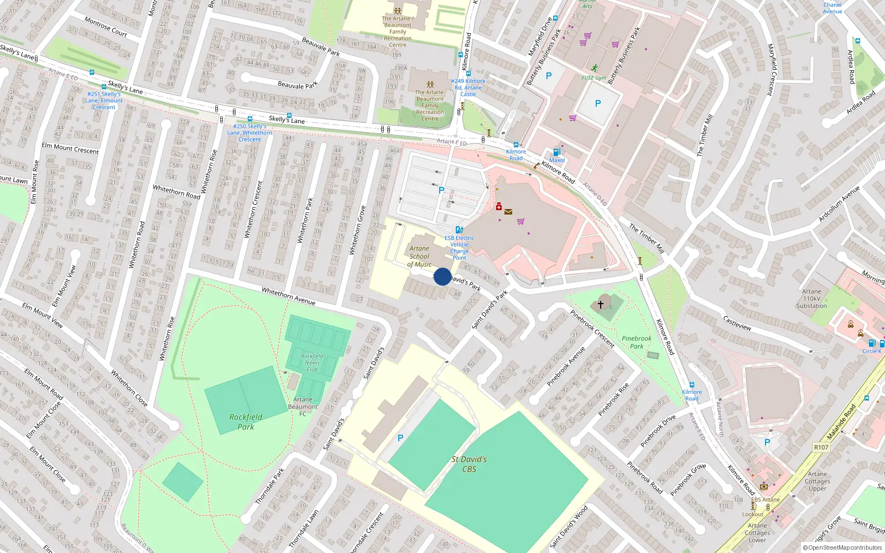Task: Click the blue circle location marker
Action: click(442, 276)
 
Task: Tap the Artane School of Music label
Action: click(419, 257)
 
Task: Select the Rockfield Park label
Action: click(246, 422)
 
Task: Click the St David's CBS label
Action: click(469, 464)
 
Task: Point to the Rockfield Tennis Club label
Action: click(312, 363)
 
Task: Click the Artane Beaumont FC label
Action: click(303, 406)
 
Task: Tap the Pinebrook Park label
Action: click(636, 342)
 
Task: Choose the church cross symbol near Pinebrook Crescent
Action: click(601, 304)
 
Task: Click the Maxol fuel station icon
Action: click(556, 152)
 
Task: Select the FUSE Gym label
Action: click(594, 78)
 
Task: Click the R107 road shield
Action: click(821, 447)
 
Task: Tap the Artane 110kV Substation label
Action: click(811, 299)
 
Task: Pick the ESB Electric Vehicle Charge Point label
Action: click(459, 248)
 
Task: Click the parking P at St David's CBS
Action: click(400, 438)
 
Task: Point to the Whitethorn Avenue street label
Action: click(288, 296)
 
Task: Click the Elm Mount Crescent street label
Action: click(70, 149)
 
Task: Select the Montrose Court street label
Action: click(106, 27)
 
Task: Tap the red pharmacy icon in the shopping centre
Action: click(498, 207)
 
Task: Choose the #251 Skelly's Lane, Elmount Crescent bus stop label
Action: click(104, 101)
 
